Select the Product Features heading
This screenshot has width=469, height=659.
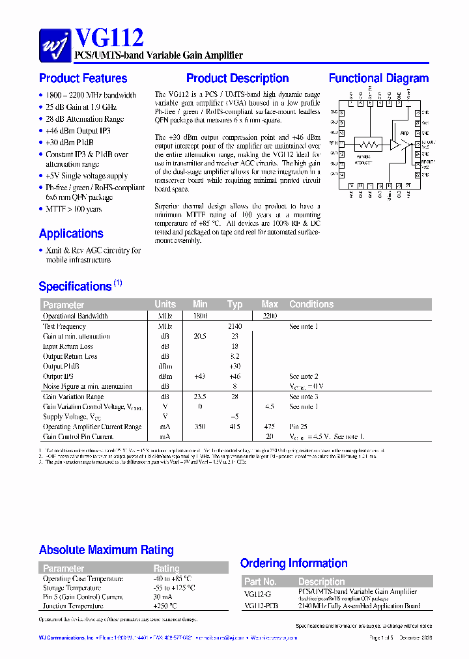tap(83, 78)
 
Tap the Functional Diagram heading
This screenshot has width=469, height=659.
tap(378, 78)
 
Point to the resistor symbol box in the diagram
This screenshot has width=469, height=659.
tap(367, 144)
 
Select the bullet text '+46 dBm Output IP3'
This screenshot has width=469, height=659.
tap(78, 131)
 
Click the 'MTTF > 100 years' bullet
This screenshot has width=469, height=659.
tap(73, 209)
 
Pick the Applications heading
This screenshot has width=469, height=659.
tap(71, 233)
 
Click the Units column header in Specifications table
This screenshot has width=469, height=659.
tap(165, 304)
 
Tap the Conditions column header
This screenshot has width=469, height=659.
tap(311, 304)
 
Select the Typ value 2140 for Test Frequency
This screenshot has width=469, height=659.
tap(234, 326)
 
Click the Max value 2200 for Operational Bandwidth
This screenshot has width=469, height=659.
tap(269, 316)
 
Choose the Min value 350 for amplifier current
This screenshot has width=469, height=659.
tap(199, 427)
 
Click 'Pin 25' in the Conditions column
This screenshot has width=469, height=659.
tap(298, 427)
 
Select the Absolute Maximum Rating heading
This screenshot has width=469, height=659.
tap(106, 550)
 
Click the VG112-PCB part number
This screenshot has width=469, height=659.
tap(261, 606)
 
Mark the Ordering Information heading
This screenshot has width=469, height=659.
tap(293, 563)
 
